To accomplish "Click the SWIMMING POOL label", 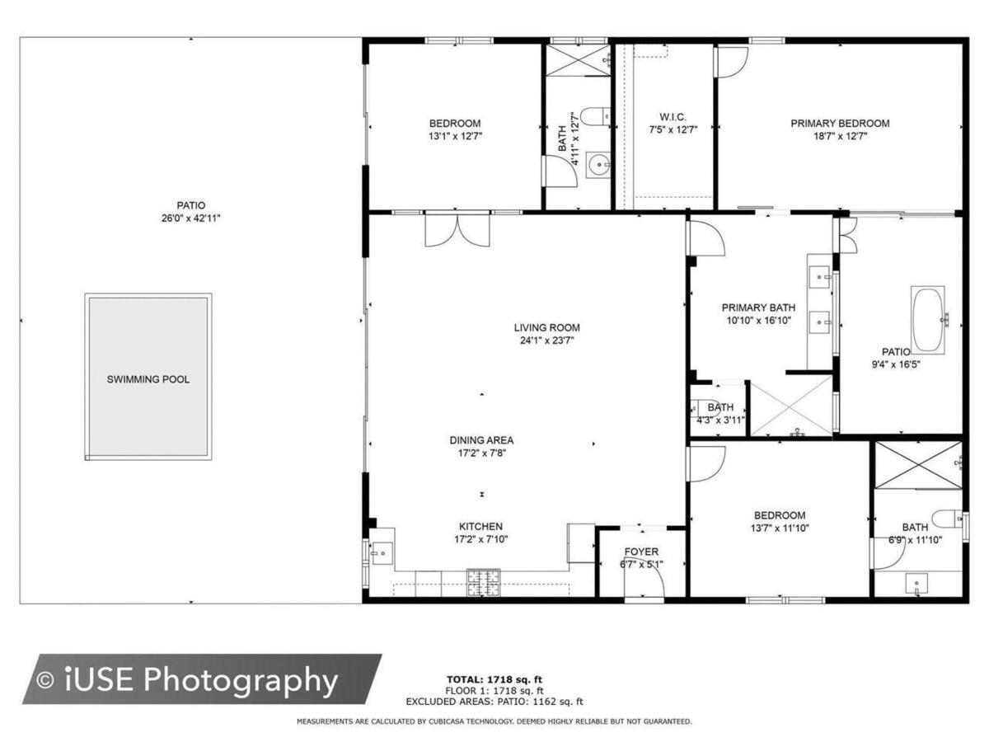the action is (148, 379).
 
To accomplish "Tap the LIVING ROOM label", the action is (546, 327).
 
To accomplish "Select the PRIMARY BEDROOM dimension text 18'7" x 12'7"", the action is (840, 136).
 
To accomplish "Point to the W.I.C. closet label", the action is (673, 117).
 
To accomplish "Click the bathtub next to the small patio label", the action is (929, 319).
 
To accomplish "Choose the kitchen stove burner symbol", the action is (484, 583).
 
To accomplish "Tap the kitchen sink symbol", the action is (382, 552).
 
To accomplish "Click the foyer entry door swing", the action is (644, 582).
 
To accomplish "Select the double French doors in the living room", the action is (457, 231).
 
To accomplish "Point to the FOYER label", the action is (641, 552).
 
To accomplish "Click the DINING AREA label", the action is (481, 440).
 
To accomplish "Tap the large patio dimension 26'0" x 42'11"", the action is (191, 218).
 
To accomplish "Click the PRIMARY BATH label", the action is (758, 308).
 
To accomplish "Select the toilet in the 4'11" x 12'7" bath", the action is (595, 116).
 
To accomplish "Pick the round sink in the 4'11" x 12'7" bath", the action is (598, 164).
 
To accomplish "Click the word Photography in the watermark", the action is (240, 680).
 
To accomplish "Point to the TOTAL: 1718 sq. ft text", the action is (494, 679).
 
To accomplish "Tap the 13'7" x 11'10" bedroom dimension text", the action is (780, 528).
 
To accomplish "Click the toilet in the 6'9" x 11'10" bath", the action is (947, 519).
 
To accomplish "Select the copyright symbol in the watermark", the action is (45, 680).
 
